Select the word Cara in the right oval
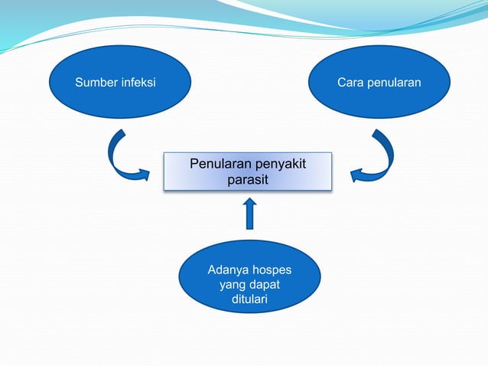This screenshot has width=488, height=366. pyautogui.click(x=352, y=82)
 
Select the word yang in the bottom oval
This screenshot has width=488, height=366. pyautogui.click(x=232, y=285)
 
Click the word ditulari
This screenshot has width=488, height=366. pyautogui.click(x=249, y=299)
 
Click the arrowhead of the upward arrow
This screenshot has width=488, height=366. pyautogui.click(x=249, y=204)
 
